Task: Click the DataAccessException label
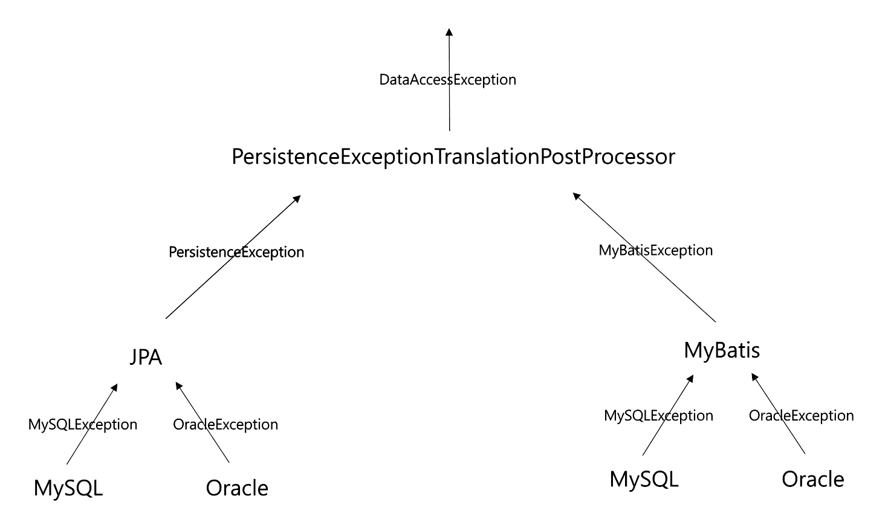(447, 80)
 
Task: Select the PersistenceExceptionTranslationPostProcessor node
(453, 157)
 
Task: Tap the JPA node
(146, 358)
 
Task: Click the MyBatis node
(722, 350)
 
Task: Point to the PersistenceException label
(236, 252)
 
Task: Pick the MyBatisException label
(656, 250)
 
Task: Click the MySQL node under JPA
(68, 488)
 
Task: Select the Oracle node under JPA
(237, 488)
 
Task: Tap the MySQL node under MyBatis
(644, 479)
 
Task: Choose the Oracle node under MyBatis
(813, 479)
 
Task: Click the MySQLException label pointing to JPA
(83, 425)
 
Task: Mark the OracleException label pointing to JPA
(225, 425)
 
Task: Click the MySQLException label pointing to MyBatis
(659, 416)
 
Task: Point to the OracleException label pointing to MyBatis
(802, 416)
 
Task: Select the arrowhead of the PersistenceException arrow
(297, 198)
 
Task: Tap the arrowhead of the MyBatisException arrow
(577, 196)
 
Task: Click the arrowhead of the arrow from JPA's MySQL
(114, 387)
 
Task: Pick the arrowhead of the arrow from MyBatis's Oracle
(754, 377)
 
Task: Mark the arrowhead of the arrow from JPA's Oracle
(178, 385)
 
